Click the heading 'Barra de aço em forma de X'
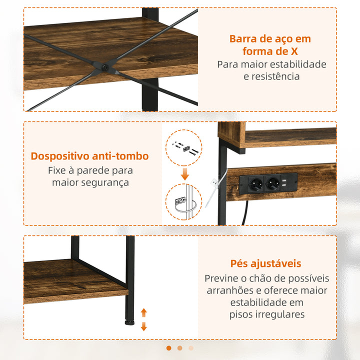pyautogui.click(x=270, y=45)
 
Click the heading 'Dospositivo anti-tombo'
pyautogui.click(x=90, y=156)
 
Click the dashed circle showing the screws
pyautogui.click(x=185, y=148)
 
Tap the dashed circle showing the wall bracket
pyautogui.click(x=184, y=202)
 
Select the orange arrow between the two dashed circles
pyautogui.click(x=185, y=174)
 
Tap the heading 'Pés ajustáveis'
pyautogui.click(x=266, y=263)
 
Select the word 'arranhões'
pyautogui.click(x=228, y=290)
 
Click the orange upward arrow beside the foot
pyautogui.click(x=144, y=313)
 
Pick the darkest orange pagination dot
pyautogui.click(x=169, y=348)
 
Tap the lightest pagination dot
pyautogui.click(x=191, y=348)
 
